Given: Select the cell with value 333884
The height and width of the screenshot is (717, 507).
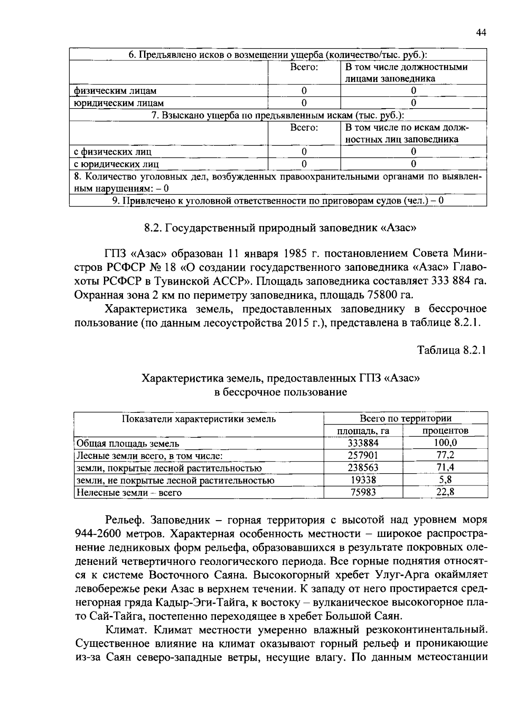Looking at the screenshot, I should [363, 443].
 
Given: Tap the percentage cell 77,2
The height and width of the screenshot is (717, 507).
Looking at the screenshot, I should [445, 455].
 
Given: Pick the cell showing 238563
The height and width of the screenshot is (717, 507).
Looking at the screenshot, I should [363, 468].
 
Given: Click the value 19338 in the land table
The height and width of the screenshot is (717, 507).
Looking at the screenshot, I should [363, 480].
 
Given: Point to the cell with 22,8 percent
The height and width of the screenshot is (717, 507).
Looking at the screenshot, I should [445, 492].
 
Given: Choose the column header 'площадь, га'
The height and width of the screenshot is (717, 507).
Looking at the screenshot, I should [363, 431].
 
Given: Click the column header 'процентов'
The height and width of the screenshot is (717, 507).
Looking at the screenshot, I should [445, 431].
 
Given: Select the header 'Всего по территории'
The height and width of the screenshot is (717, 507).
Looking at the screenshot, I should [405, 419].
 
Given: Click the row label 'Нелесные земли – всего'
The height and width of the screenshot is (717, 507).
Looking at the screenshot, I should [129, 493].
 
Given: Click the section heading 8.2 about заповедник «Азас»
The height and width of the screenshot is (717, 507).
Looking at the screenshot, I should [280, 228].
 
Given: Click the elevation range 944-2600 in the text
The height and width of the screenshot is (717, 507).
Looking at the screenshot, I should [98, 534].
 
